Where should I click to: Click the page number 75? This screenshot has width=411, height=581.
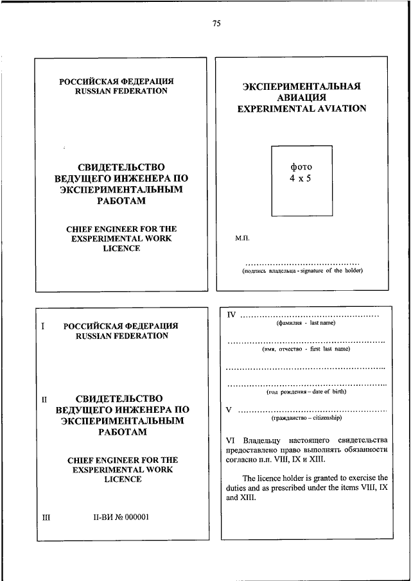pyautogui.click(x=216, y=24)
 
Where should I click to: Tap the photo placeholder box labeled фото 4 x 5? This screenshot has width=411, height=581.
pyautogui.click(x=301, y=180)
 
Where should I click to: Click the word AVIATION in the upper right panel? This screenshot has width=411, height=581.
pyautogui.click(x=337, y=108)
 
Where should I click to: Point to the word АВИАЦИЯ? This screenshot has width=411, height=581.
pyautogui.click(x=301, y=97)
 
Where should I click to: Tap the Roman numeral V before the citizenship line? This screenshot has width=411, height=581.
pyautogui.click(x=229, y=409)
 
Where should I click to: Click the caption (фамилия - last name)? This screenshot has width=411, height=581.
pyautogui.click(x=302, y=324)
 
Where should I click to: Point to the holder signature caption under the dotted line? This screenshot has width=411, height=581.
pyautogui.click(x=302, y=270)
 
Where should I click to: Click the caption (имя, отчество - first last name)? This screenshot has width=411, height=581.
pyautogui.click(x=306, y=350)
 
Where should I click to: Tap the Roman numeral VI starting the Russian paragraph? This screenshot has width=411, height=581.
pyautogui.click(x=232, y=440)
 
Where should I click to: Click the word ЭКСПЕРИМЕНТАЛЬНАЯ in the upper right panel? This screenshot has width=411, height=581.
pyautogui.click(x=301, y=85)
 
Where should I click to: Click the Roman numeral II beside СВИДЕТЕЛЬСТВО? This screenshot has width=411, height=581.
pyautogui.click(x=45, y=399)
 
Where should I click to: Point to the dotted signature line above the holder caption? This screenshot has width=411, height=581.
pyautogui.click(x=302, y=263)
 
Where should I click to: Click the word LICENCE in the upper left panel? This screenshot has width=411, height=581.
pyautogui.click(x=121, y=248)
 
